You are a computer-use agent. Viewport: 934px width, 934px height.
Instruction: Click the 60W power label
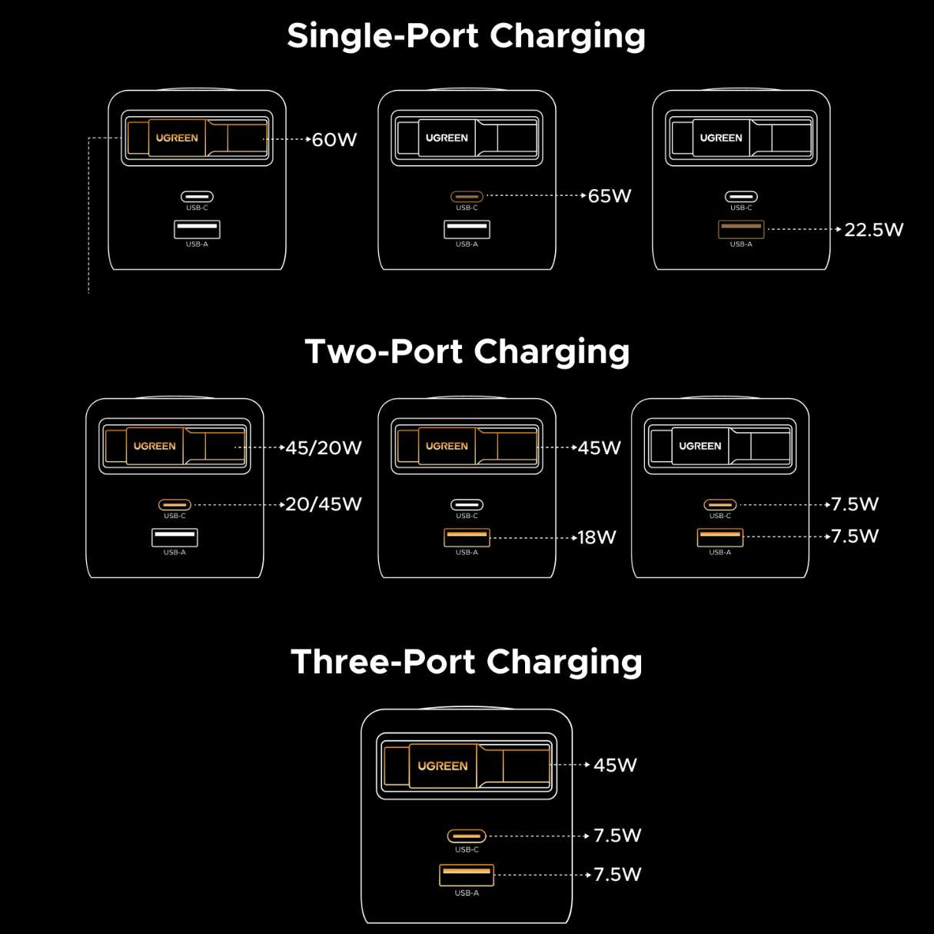[334, 140]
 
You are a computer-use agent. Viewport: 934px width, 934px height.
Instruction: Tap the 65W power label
[610, 196]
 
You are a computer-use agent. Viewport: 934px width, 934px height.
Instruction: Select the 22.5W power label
[874, 230]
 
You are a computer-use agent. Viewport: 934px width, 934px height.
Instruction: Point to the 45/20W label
[324, 448]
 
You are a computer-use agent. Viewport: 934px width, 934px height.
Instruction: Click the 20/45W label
[324, 504]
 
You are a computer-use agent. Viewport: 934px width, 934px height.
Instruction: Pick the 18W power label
[597, 537]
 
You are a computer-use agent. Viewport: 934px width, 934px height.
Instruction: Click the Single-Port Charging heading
[466, 36]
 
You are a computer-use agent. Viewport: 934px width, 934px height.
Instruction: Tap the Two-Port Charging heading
[467, 351]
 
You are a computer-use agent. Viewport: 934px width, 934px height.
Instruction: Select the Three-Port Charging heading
[466, 662]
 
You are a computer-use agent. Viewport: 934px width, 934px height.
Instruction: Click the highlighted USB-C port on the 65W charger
[467, 197]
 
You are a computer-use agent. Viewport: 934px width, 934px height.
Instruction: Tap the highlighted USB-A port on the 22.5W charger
[741, 229]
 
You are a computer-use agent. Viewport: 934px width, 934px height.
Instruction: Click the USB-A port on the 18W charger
[467, 537]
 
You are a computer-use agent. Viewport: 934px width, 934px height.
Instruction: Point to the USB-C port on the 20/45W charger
[175, 505]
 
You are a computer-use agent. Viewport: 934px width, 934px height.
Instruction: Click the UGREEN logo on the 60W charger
[177, 138]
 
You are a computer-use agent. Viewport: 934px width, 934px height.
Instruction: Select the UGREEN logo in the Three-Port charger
[443, 766]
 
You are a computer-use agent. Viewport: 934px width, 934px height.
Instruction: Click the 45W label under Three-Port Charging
[615, 765]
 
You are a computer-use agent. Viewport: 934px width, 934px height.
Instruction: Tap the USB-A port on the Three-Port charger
[467, 874]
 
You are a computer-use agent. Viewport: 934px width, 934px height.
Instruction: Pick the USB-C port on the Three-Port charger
[467, 836]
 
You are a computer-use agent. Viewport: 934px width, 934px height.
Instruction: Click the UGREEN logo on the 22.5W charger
[721, 138]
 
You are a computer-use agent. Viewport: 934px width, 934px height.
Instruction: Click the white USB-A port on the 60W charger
[197, 229]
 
